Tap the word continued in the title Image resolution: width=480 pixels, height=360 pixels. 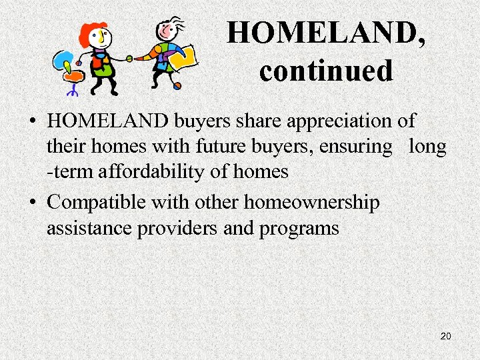click(326, 70)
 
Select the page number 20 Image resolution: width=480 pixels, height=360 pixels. click(446, 336)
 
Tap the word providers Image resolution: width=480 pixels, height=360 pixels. click(177, 229)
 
